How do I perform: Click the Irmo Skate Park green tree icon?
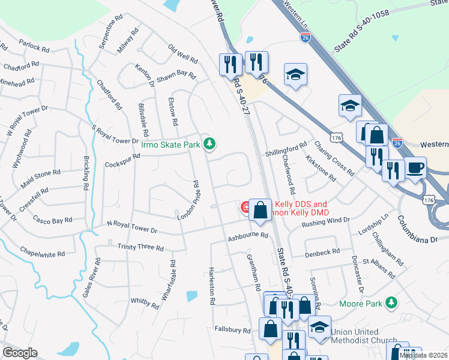209,143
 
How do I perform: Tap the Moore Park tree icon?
392,302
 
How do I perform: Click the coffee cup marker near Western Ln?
415,168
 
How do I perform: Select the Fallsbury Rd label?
232,330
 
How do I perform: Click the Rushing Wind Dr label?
325,221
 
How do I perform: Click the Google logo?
20,352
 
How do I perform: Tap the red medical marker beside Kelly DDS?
246,208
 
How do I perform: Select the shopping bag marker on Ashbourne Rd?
260,211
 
